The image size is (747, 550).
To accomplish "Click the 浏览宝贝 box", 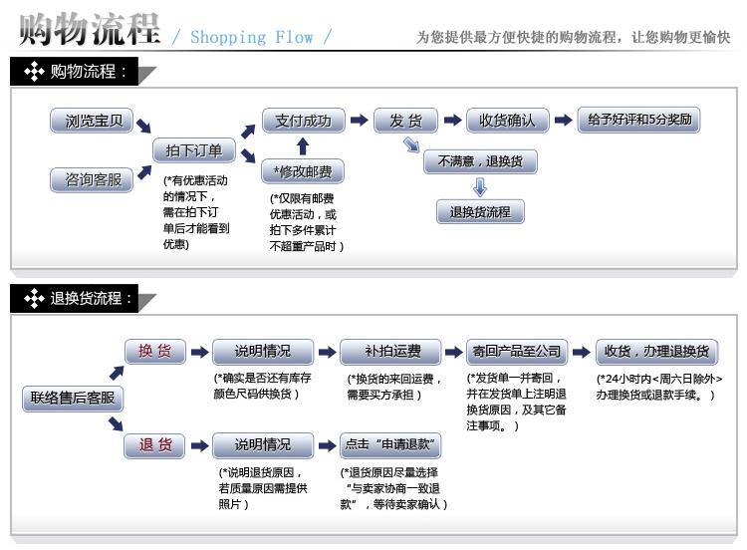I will click(x=93, y=122).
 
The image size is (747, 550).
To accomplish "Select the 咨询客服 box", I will click(x=93, y=179).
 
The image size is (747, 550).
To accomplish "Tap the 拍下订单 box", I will click(x=194, y=150).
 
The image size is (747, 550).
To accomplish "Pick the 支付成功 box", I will click(x=304, y=121).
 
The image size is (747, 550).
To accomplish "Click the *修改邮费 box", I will click(x=304, y=172).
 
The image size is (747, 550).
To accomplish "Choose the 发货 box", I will click(x=405, y=121).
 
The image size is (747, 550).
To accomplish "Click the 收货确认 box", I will click(x=507, y=121).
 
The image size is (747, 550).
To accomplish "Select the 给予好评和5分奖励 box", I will click(x=638, y=121).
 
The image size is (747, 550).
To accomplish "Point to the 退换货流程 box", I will click(x=480, y=211).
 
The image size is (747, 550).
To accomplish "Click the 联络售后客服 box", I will click(x=73, y=399).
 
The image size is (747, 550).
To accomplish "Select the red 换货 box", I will click(x=154, y=351).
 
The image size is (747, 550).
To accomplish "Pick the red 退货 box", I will click(x=154, y=444).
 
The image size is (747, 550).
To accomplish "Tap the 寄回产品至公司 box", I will click(x=517, y=351).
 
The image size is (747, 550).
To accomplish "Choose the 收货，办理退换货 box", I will click(x=656, y=351).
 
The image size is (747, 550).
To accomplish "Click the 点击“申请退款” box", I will click(x=390, y=444).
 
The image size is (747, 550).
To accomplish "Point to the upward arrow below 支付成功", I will click(x=303, y=146).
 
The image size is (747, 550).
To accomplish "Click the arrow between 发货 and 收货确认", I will click(x=452, y=121).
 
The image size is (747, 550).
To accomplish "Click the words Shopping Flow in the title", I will click(x=251, y=38).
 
